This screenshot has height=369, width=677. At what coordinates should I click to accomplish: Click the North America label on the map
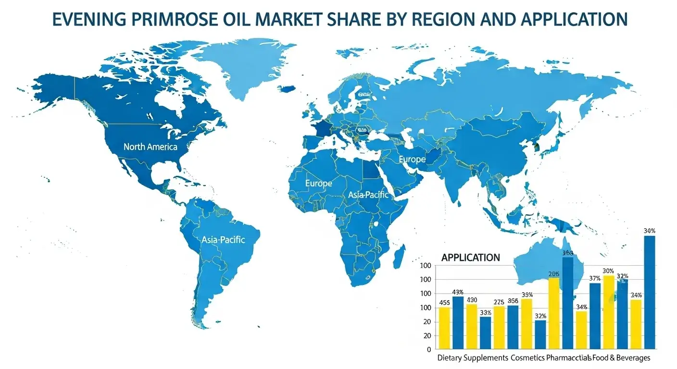(150, 147)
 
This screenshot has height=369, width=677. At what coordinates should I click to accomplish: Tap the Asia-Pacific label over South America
(223, 239)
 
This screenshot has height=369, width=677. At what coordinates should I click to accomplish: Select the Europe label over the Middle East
(412, 159)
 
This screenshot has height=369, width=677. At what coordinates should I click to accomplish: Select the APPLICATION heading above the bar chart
(470, 258)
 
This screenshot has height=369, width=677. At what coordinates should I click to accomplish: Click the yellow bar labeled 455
(444, 328)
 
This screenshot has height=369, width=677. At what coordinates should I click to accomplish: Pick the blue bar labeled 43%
(458, 323)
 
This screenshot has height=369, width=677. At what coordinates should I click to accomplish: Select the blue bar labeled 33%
(486, 332)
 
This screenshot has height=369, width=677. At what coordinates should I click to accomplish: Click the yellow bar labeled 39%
(527, 324)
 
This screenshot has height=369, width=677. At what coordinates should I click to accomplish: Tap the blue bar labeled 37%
(595, 316)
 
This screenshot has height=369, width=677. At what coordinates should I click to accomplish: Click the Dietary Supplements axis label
(473, 358)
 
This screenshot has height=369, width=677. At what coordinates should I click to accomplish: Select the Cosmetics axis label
(527, 358)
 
